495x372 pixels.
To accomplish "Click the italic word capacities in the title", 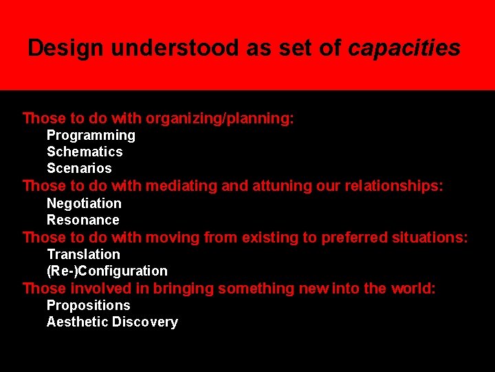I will point(404,48).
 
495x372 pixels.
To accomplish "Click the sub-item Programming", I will point(91,136).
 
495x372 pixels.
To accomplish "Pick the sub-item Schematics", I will point(85,152).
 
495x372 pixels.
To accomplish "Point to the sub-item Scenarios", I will point(79,169).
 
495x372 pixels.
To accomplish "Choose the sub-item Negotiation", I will point(84,204).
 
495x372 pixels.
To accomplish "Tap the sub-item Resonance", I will point(83,220).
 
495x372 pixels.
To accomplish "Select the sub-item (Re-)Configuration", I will point(107,271).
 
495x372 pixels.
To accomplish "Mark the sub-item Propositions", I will point(88,306).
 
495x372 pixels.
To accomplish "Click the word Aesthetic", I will point(77,322).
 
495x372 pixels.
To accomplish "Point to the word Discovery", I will point(145,322).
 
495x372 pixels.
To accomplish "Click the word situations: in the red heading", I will point(430,238).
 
